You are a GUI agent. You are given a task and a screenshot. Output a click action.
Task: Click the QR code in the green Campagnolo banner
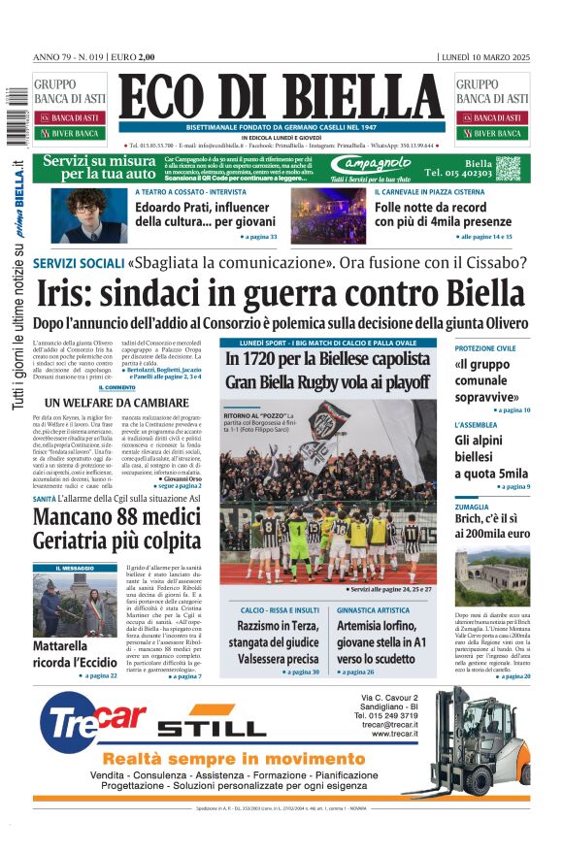[x=510, y=168]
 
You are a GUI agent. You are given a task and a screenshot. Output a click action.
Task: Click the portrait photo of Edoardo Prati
[x=91, y=214]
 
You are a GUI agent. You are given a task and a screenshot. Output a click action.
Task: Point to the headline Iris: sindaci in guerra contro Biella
[x=281, y=292]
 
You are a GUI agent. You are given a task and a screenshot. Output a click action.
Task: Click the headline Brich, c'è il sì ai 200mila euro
[x=492, y=525]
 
